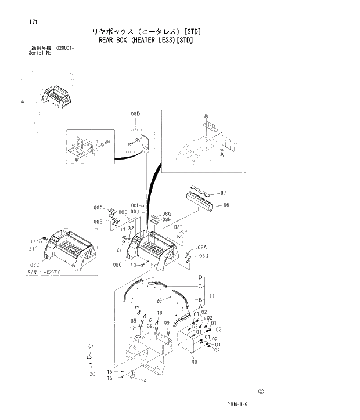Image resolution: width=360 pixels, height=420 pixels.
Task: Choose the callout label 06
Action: tap(226, 205)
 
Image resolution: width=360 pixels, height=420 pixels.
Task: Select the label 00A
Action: tap(98, 207)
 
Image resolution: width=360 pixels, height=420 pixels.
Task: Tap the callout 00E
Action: tap(123, 212)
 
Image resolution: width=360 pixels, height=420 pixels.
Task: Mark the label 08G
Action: tap(167, 213)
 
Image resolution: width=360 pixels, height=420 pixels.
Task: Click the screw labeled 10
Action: tap(142, 265)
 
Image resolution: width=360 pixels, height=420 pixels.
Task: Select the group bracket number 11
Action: tap(213, 296)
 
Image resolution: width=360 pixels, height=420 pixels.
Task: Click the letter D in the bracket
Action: tap(200, 277)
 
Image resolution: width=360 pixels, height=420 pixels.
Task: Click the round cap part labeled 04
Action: tap(91, 359)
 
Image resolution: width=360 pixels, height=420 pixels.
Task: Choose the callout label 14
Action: tap(142, 381)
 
